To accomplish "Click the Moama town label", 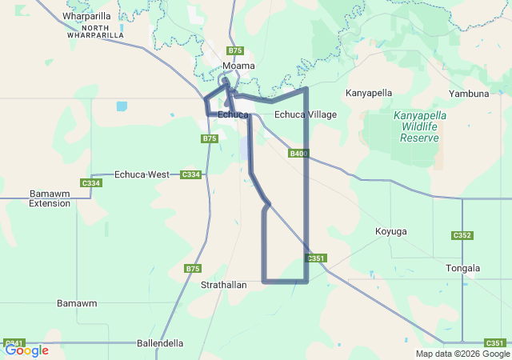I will coord(238,66).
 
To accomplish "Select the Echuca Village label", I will coord(306,114).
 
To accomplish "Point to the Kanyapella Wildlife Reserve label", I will coord(420,126).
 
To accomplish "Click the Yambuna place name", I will coord(469,94).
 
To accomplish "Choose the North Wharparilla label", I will coord(94,31).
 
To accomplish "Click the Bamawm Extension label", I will coord(50,198).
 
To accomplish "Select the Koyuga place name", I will coord(391,231).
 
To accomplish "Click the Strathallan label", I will coord(224,284).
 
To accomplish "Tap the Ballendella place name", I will coord(160,343).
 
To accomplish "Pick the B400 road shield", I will coord(298,153).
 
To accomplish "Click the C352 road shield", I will coord(462,235).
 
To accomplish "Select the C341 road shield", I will coord(14,342).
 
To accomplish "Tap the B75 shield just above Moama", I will coord(235,50).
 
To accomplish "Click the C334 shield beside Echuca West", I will coord(190,174).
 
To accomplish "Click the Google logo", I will coord(26,350).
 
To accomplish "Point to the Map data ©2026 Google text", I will coord(462,354).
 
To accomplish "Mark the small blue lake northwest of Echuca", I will coord(121,106).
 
